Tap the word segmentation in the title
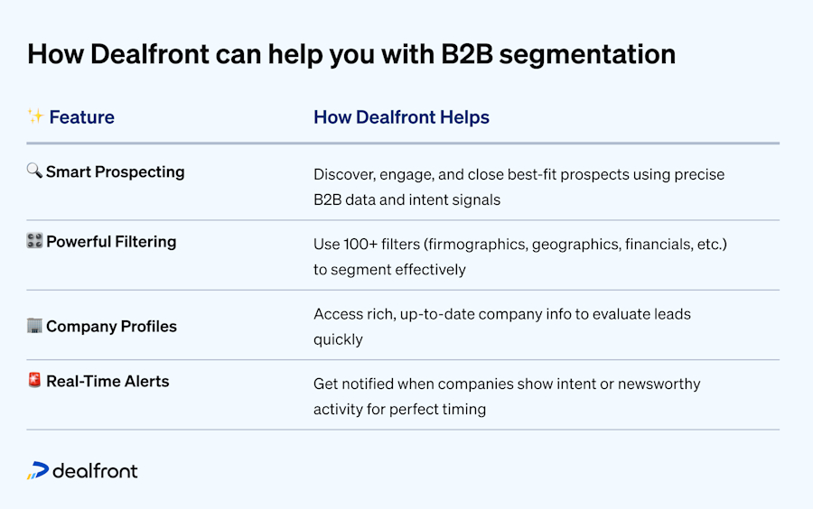tap(587, 54)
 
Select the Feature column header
tap(81, 117)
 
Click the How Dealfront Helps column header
tap(401, 117)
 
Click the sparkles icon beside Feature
tap(35, 116)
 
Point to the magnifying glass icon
tap(34, 171)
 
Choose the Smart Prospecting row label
tap(115, 171)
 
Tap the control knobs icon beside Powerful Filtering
tap(34, 241)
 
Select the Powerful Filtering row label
tap(111, 242)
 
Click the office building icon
tap(34, 326)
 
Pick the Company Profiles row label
tap(111, 327)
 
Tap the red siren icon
tap(34, 381)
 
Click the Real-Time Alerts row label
tap(107, 382)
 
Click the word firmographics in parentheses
tap(476, 245)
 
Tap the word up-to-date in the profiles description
tap(433, 314)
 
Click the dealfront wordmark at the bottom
tap(95, 470)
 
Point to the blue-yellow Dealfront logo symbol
tap(38, 470)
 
